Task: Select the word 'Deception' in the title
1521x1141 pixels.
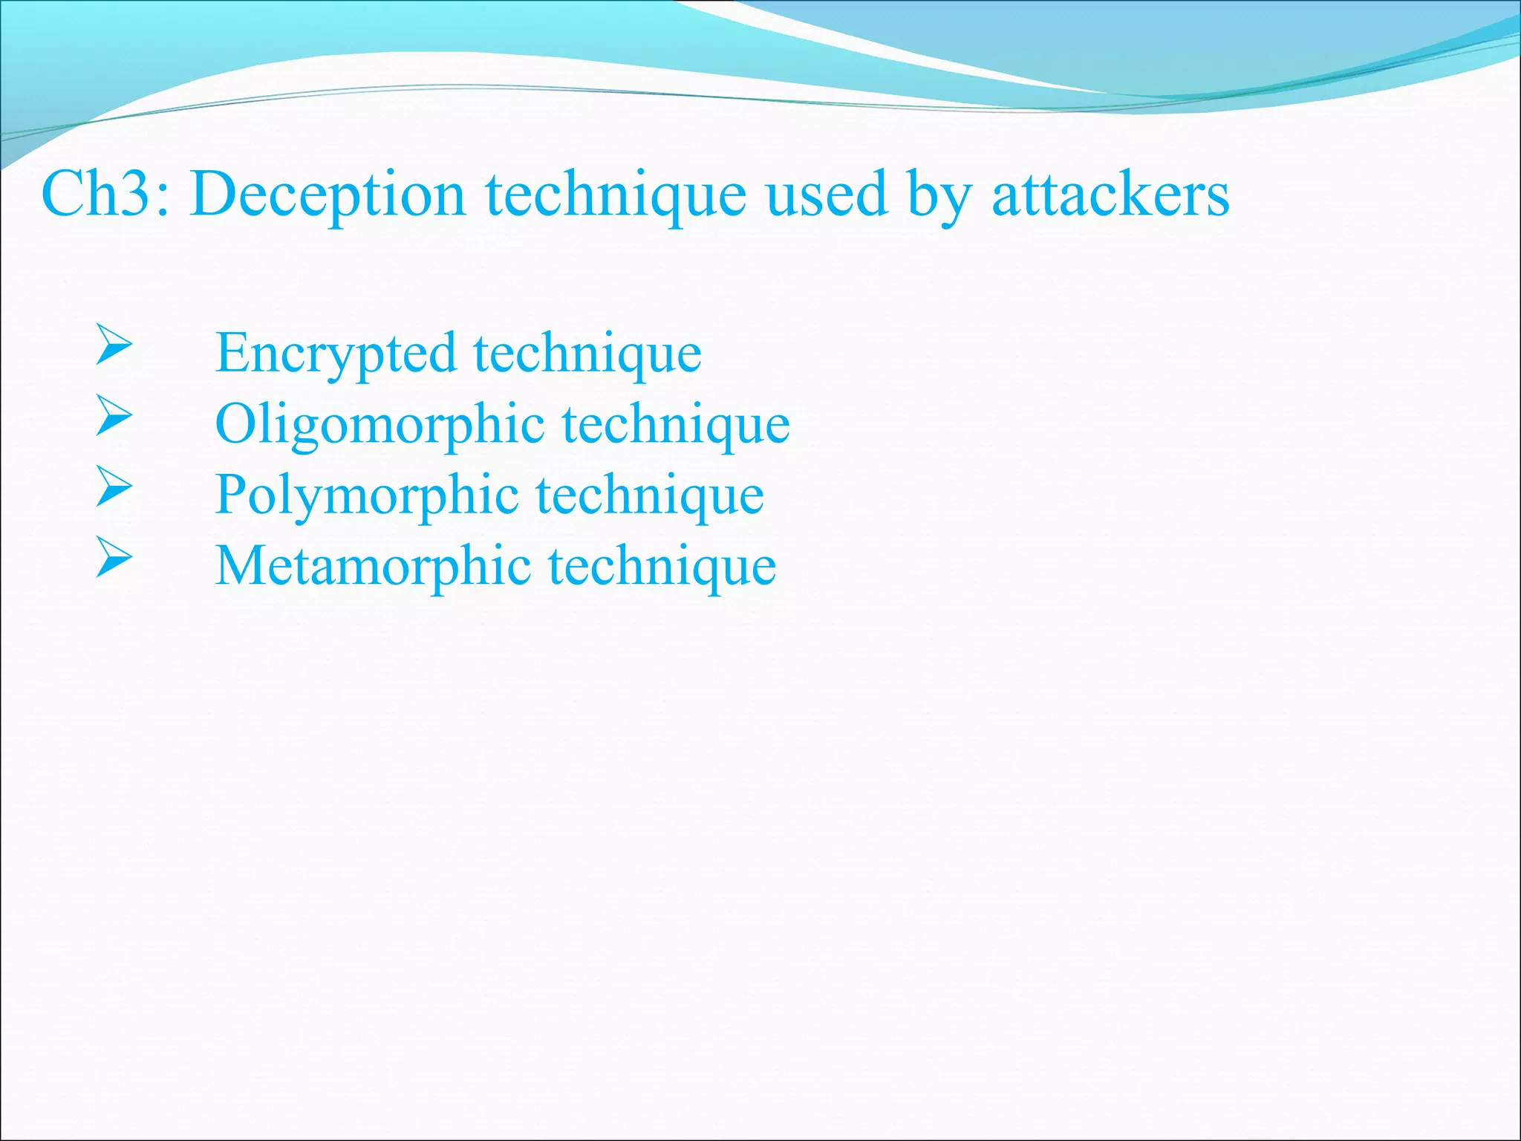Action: (x=328, y=195)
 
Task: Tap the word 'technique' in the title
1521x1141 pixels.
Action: (x=616, y=195)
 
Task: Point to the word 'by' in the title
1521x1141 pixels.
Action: (x=939, y=195)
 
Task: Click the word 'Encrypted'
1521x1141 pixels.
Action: (x=335, y=354)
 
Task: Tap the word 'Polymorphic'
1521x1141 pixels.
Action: (x=367, y=495)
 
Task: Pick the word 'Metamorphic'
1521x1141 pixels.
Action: (x=373, y=566)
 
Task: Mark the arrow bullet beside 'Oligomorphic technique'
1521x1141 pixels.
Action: (x=114, y=416)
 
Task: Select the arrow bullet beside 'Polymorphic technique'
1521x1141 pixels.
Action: (x=114, y=487)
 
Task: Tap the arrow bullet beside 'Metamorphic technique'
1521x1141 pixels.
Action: (x=114, y=558)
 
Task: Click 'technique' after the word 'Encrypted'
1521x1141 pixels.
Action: (x=587, y=354)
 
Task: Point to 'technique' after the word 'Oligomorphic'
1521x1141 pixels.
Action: (x=676, y=425)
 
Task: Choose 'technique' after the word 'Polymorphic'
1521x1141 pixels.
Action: (x=650, y=495)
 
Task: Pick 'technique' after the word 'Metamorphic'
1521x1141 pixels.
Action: (x=662, y=566)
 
